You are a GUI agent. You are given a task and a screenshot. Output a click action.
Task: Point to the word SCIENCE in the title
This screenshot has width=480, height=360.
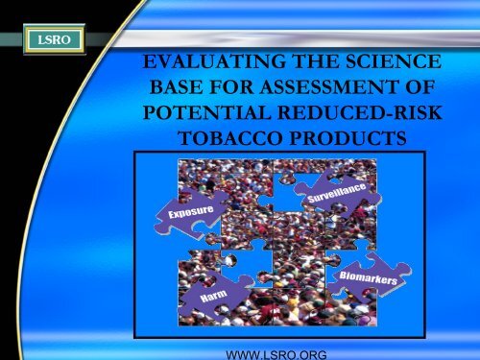click(396, 68)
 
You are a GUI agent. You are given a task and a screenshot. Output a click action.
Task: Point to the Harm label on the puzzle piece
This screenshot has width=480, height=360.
click(212, 300)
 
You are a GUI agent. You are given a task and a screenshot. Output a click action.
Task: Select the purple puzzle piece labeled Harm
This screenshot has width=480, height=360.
click(213, 293)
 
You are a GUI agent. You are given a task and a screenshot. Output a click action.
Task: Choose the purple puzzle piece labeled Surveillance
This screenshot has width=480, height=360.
click(342, 197)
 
